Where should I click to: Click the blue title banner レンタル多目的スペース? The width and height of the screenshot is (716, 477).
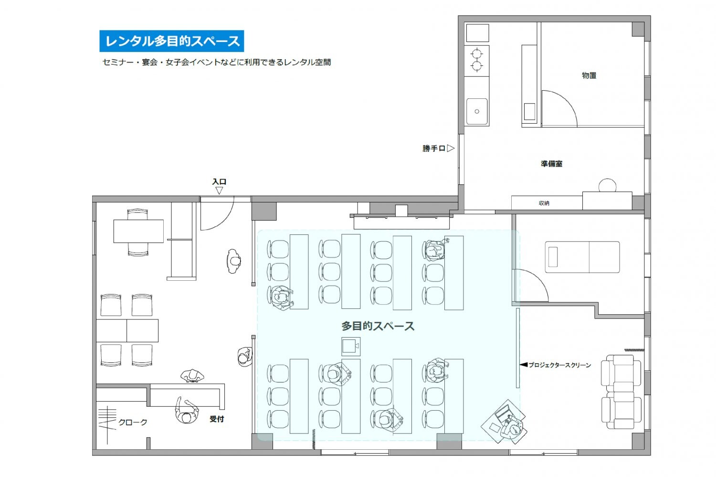pyautogui.click(x=172, y=41)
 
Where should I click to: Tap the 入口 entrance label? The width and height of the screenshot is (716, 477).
pyautogui.click(x=219, y=181)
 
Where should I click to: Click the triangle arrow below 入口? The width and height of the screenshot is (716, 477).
pyautogui.click(x=219, y=191)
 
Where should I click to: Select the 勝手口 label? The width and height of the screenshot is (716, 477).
pyautogui.click(x=434, y=148)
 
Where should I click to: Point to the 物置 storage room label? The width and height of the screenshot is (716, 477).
pyautogui.click(x=589, y=75)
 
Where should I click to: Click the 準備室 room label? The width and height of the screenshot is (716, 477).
pyautogui.click(x=551, y=164)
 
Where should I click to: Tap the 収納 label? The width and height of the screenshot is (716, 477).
pyautogui.click(x=544, y=203)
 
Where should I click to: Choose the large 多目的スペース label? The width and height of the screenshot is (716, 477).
pyautogui.click(x=378, y=326)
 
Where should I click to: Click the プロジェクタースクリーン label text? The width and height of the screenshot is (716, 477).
pyautogui.click(x=560, y=365)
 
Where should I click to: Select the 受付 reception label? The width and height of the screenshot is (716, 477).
pyautogui.click(x=216, y=419)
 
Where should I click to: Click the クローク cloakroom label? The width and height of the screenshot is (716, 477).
pyautogui.click(x=133, y=423)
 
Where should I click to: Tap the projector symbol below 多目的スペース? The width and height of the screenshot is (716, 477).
pyautogui.click(x=351, y=346)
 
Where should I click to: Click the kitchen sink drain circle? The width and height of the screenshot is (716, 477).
pyautogui.click(x=477, y=112)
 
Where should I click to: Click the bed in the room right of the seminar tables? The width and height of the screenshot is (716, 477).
pyautogui.click(x=582, y=257)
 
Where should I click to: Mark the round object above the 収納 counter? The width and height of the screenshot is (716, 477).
pyautogui.click(x=607, y=185)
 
